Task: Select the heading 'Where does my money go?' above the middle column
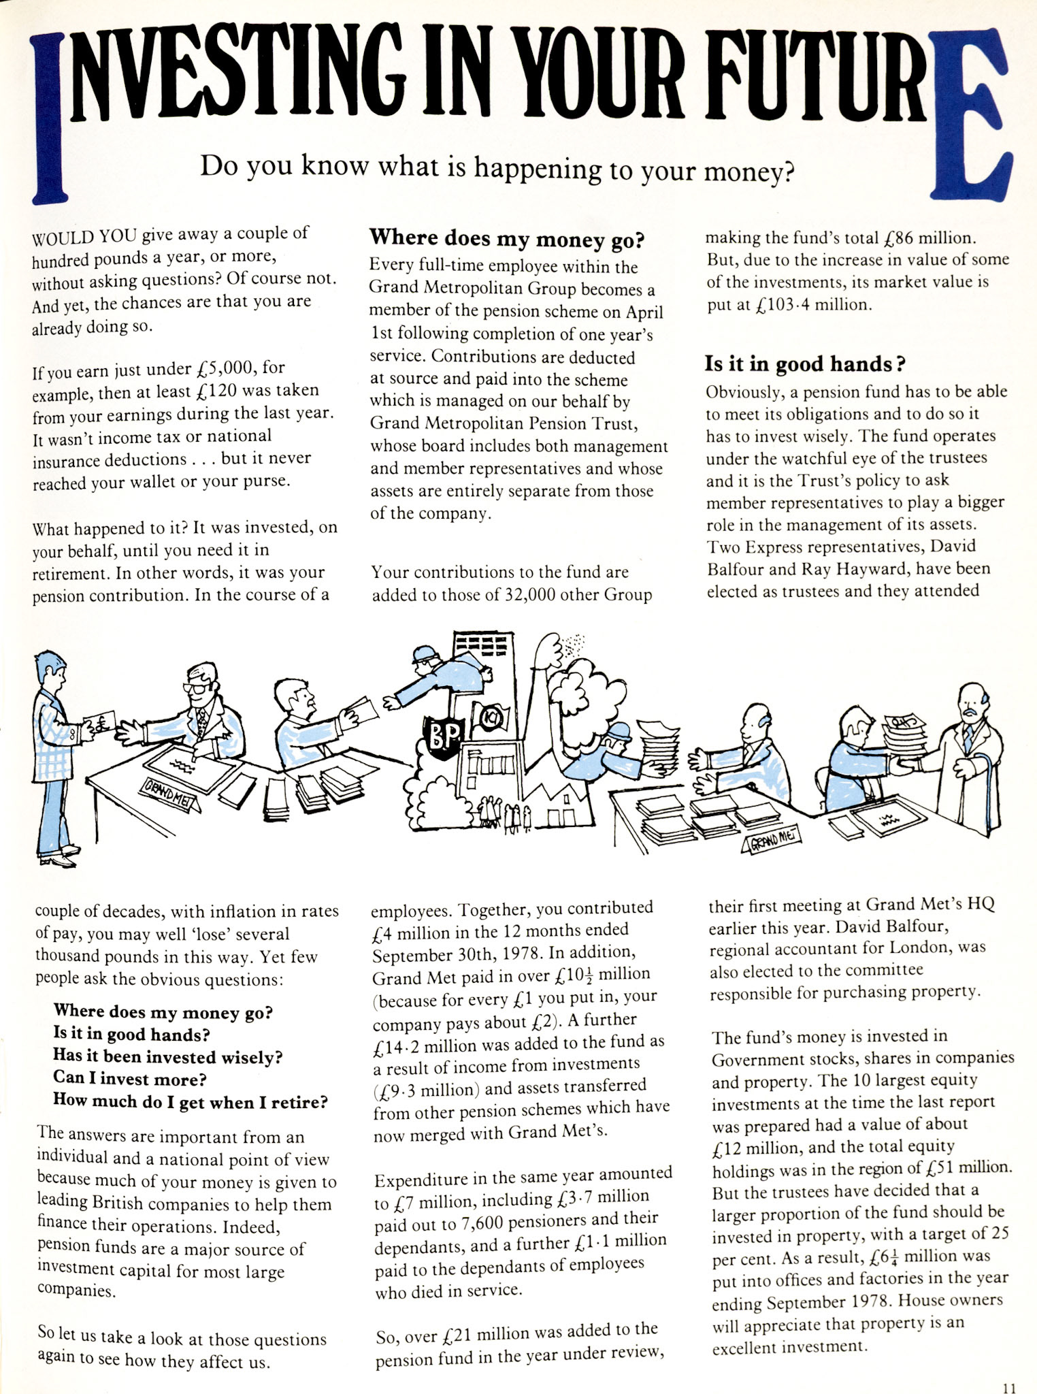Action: (x=506, y=239)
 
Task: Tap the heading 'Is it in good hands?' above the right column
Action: (x=804, y=365)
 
